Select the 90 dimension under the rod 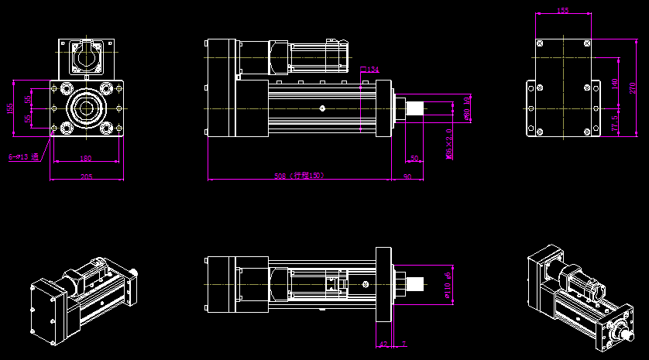(x=407, y=176)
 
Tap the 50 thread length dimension (x=414, y=158)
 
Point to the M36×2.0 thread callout (x=449, y=145)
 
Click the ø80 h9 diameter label (x=467, y=109)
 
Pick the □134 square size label (x=370, y=70)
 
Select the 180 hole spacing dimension (x=85, y=159)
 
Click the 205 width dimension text (x=86, y=177)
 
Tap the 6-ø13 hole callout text (x=23, y=157)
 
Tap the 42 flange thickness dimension (x=383, y=343)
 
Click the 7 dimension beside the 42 (x=403, y=343)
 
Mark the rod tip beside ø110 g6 (x=415, y=284)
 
